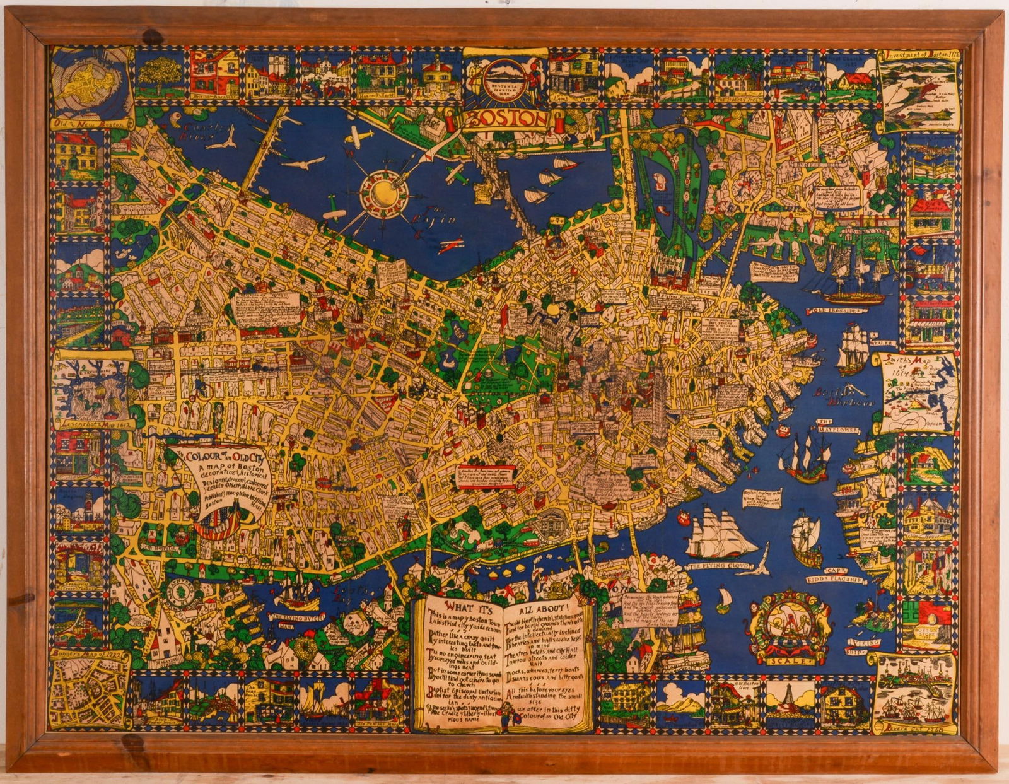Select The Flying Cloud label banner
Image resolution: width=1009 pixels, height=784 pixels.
(x=713, y=566)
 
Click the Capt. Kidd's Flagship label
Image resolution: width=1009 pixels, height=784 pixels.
(x=834, y=576)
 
